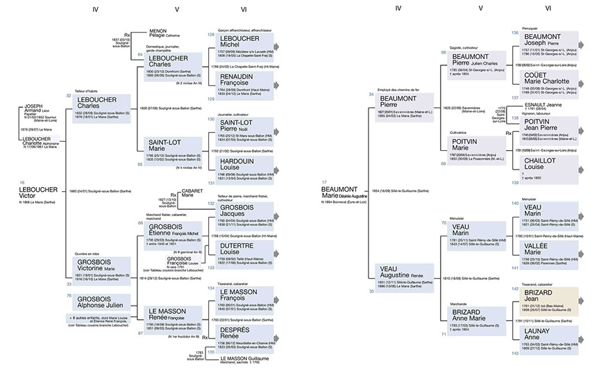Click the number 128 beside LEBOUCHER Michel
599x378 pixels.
pos(210,34)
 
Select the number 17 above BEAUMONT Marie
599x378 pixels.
pos(324,182)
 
